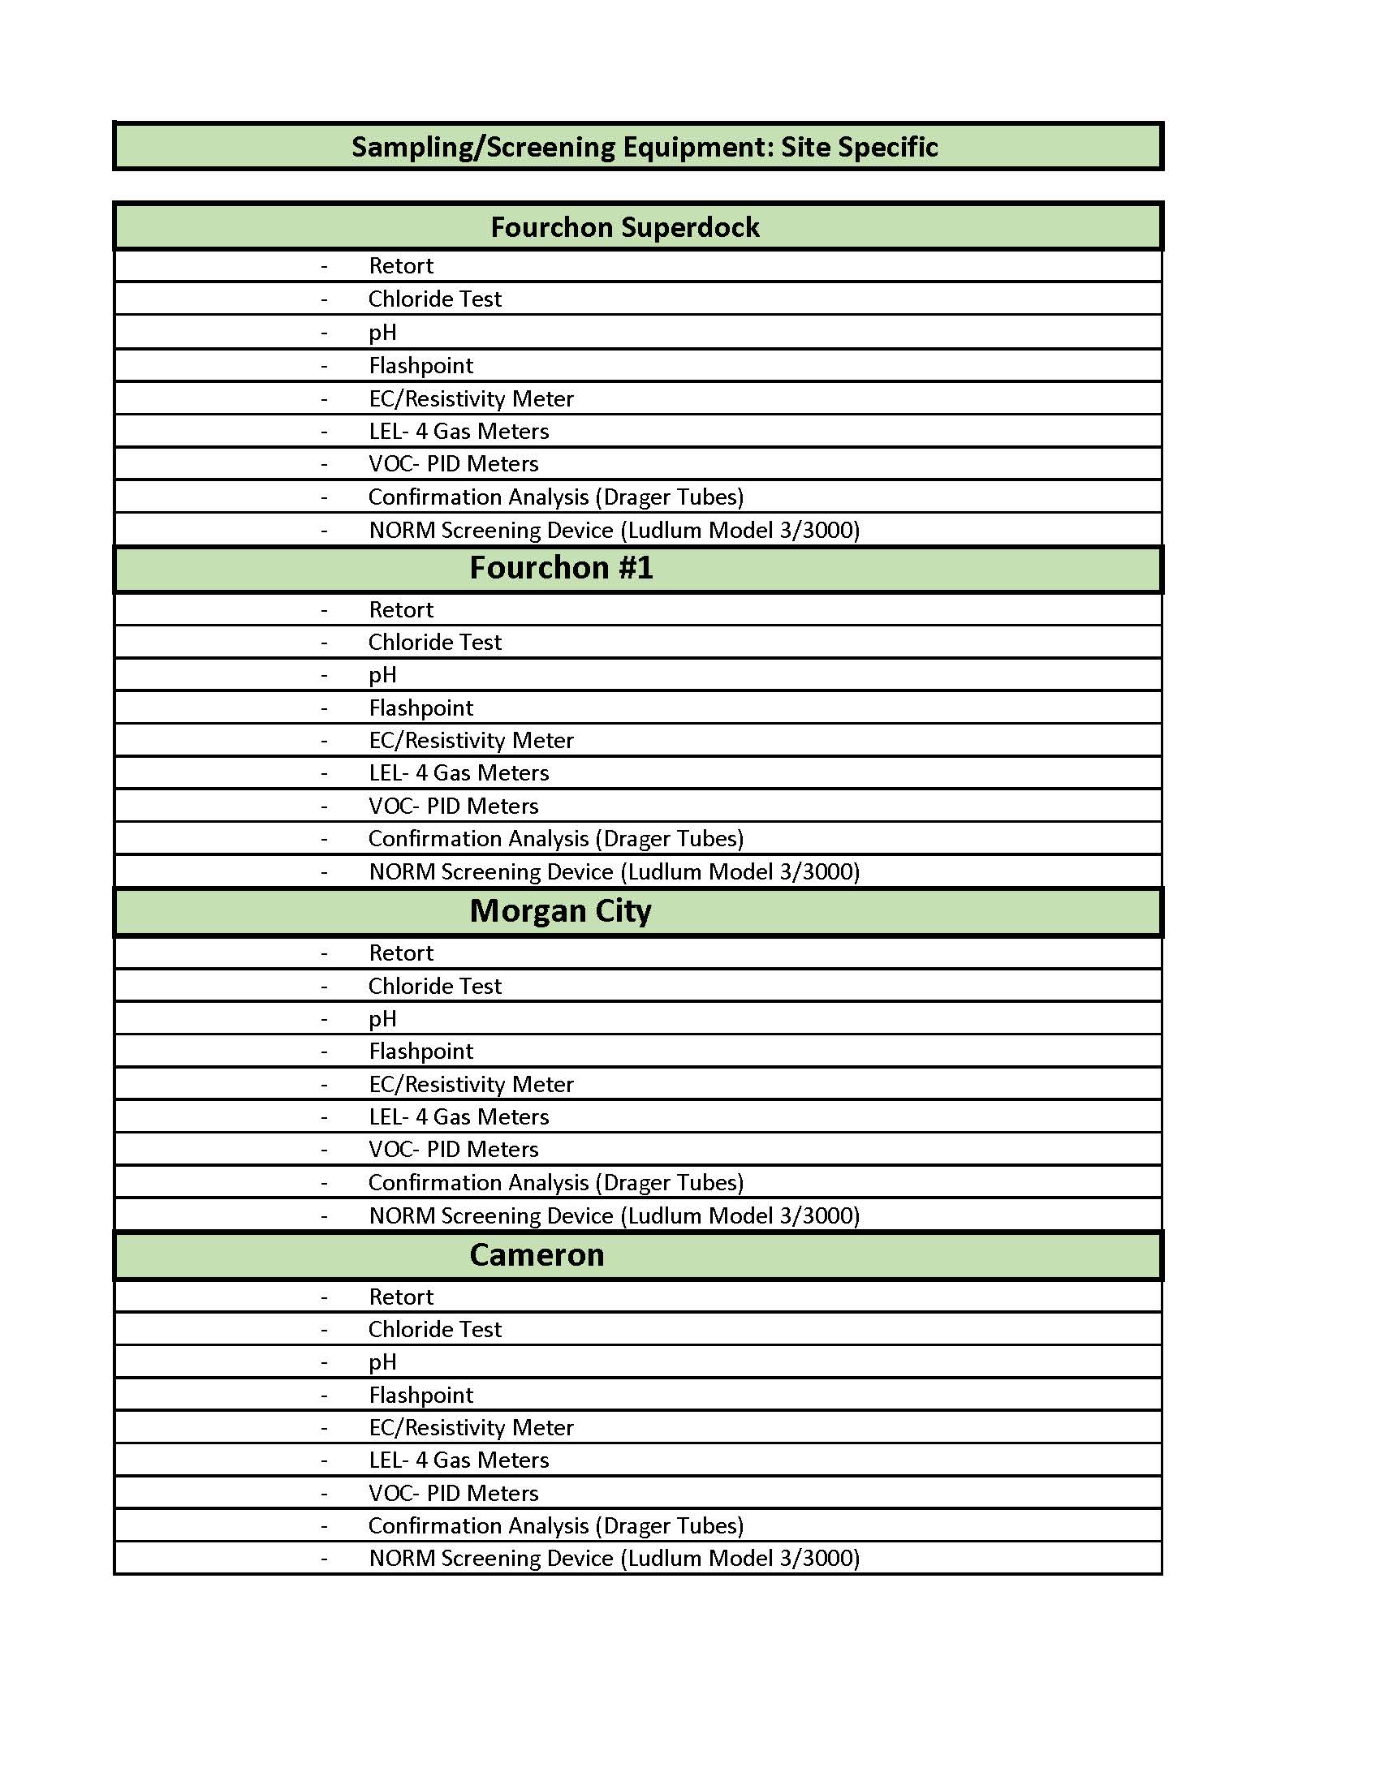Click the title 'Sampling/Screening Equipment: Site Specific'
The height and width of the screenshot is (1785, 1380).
click(645, 147)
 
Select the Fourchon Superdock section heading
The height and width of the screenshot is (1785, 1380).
click(624, 227)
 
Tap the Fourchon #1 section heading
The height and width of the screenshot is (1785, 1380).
click(561, 568)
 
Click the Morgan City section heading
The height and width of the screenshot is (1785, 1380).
click(560, 910)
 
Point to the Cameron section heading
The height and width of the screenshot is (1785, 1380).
click(537, 1254)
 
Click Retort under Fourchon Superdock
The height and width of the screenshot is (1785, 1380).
click(400, 265)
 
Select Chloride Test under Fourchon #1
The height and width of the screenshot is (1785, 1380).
click(434, 643)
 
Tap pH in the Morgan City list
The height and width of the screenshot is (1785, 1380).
click(382, 1019)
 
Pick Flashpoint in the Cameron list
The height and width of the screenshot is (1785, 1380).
click(420, 1396)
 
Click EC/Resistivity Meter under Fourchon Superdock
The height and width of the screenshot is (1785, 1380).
click(471, 399)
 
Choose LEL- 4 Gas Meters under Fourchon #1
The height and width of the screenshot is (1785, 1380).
click(458, 773)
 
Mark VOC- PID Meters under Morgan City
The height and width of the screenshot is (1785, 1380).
click(453, 1150)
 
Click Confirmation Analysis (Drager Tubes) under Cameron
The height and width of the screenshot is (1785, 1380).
click(556, 1526)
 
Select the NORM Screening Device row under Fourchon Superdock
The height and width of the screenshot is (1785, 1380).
click(613, 531)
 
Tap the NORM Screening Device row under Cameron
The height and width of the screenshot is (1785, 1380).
click(613, 1559)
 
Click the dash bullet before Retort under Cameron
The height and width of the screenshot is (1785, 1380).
click(325, 1298)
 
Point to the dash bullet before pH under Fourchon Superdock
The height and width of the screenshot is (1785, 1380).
click(325, 333)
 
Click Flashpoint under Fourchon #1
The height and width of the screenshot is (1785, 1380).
click(420, 708)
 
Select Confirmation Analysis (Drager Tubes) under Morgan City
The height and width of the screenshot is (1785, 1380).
click(556, 1183)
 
